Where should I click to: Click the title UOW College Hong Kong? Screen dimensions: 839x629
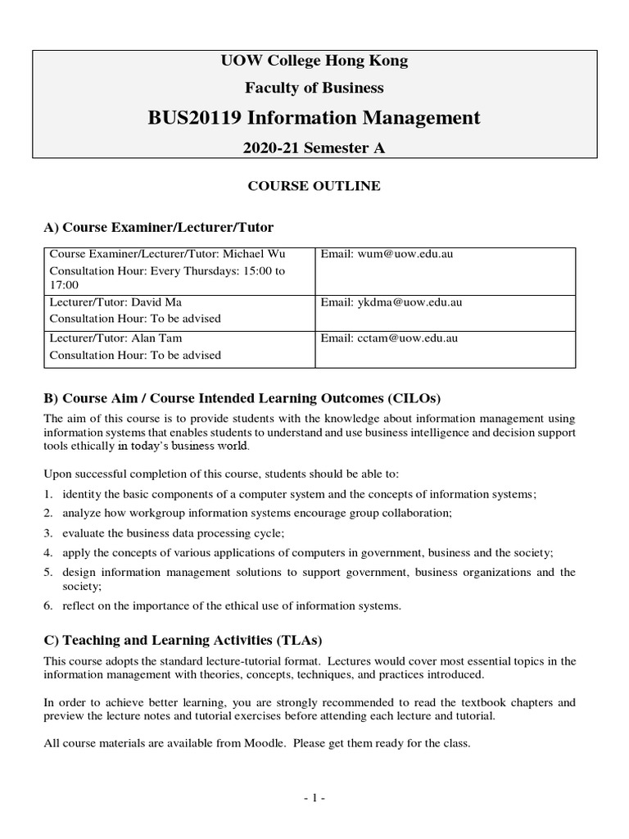(314, 61)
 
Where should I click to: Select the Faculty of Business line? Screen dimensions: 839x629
(314, 88)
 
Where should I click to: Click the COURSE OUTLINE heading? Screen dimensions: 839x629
(314, 186)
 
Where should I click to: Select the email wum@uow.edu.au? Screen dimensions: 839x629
(405, 254)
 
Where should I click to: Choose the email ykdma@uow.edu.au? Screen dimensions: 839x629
(410, 302)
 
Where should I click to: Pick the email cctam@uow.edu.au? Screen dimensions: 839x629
(407, 338)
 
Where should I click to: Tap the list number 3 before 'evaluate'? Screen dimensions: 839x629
(48, 533)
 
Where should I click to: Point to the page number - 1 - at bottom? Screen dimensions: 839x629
(314, 797)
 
